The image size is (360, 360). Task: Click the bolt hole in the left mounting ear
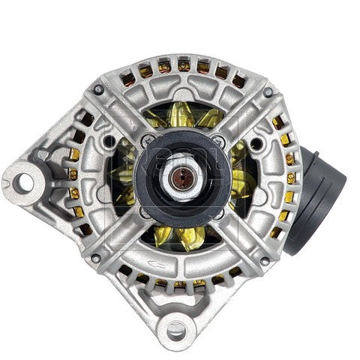(30, 179)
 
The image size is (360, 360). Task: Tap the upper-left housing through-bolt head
(97, 91)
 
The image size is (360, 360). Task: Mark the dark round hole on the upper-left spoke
(111, 141)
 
